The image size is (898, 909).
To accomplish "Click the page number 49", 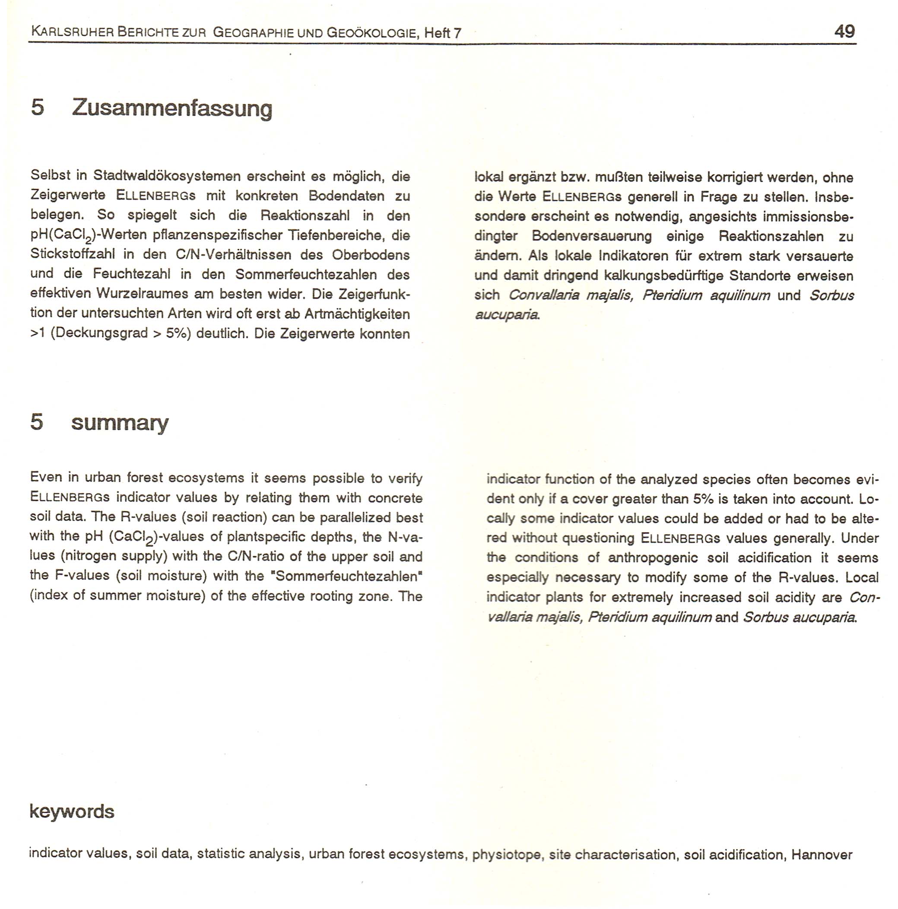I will click(x=844, y=32).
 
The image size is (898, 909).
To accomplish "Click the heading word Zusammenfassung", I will click(x=172, y=108).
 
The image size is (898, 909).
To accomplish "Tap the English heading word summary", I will click(x=120, y=422).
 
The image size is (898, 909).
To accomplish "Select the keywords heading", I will click(x=72, y=811).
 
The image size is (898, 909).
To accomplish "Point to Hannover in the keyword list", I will click(x=821, y=855).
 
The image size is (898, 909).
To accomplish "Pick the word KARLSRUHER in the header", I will click(x=72, y=32).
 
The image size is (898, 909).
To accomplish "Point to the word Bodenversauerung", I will click(x=592, y=236).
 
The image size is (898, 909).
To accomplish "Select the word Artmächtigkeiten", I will click(x=357, y=314).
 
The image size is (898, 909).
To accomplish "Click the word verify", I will click(x=405, y=479).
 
